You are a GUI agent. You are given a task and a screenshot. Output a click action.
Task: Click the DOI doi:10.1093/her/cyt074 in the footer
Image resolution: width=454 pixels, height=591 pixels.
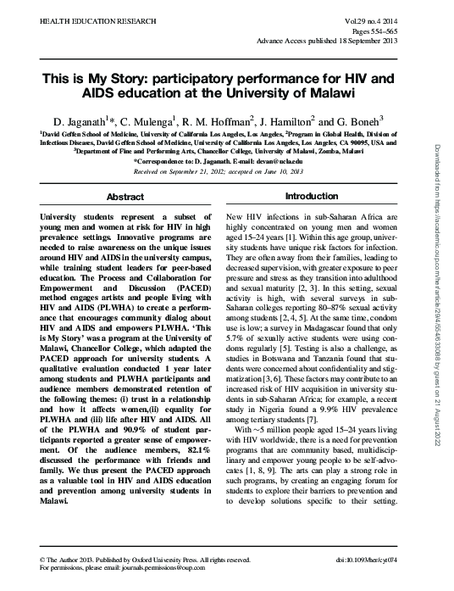click(x=390, y=560)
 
